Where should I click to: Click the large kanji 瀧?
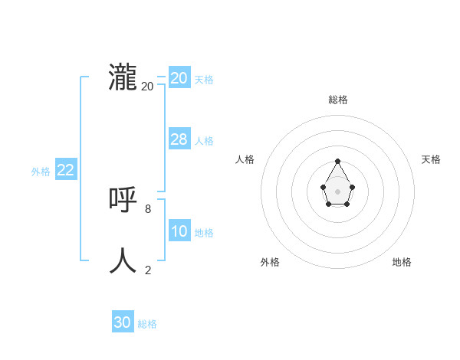(123, 78)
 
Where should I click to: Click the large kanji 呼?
(123, 201)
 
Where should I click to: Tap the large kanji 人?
(123, 260)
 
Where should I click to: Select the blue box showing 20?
(179, 78)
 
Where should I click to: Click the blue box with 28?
(179, 139)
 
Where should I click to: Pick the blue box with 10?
(179, 231)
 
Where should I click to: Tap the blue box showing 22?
(65, 170)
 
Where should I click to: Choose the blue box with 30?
(122, 322)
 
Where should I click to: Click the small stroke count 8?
(148, 208)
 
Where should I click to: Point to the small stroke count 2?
(148, 270)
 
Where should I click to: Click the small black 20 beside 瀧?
(147, 87)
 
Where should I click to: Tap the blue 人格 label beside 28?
(204, 141)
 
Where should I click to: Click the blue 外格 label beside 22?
(41, 172)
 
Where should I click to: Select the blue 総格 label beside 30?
(147, 324)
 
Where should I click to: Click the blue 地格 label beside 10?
(204, 233)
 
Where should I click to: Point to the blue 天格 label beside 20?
(204, 80)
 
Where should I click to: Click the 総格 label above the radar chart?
(338, 100)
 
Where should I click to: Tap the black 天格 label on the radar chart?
(431, 159)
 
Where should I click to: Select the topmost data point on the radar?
(337, 161)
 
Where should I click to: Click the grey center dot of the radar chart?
(337, 191)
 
